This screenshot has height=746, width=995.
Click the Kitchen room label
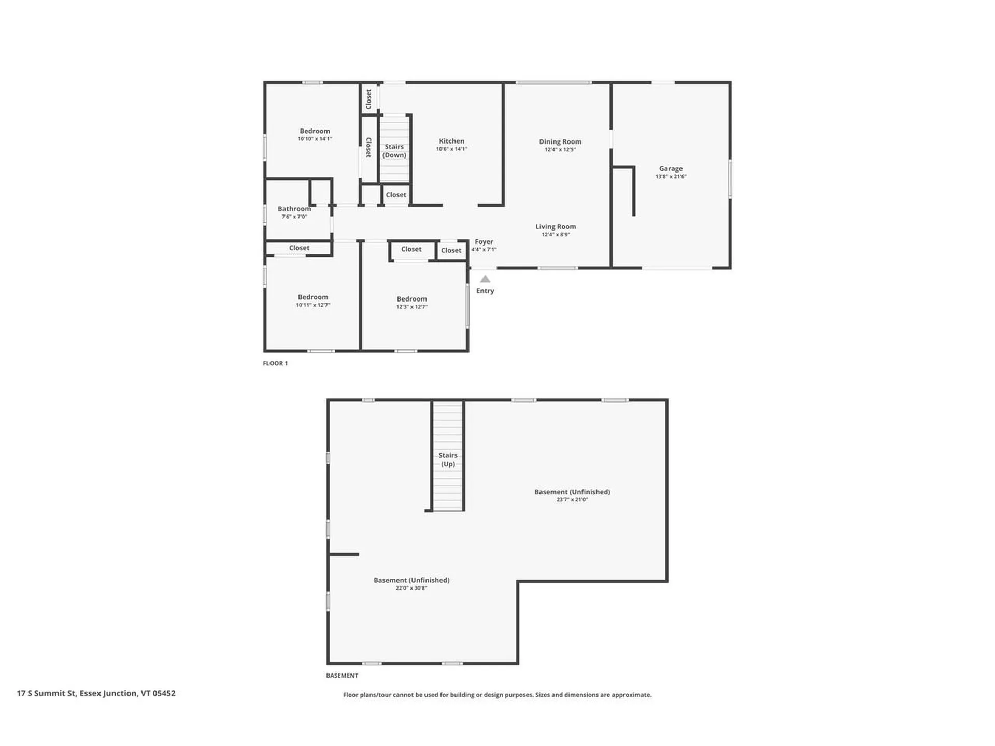[x=451, y=141]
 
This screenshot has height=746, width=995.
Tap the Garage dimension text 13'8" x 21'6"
[x=671, y=177]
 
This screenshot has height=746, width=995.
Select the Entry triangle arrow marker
[x=485, y=279]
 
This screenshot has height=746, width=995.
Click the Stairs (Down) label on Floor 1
[x=394, y=151]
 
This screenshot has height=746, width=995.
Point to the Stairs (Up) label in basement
[x=448, y=460]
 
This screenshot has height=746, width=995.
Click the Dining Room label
[x=560, y=141]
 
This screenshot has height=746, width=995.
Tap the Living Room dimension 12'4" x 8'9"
[x=556, y=235]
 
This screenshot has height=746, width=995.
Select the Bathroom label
[x=294, y=209]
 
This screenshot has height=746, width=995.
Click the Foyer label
[x=484, y=242]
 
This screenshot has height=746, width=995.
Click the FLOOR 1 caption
[x=275, y=363]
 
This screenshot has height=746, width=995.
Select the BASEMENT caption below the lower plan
[x=342, y=676]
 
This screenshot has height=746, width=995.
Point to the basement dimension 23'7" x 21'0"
[x=572, y=500]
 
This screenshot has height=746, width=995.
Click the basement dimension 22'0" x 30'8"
[x=411, y=589]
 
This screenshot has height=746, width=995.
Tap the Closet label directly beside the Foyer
[x=451, y=250]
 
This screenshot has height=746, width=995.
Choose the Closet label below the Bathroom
[x=299, y=248]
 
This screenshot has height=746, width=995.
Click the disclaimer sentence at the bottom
[x=497, y=695]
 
